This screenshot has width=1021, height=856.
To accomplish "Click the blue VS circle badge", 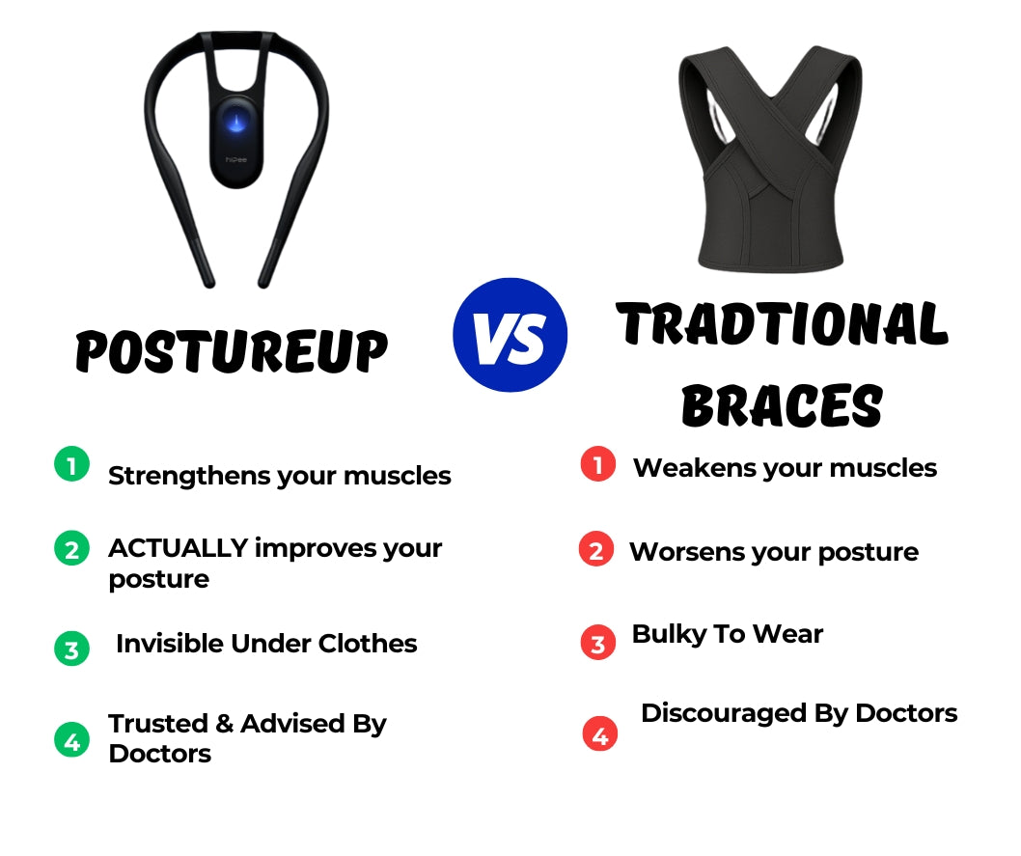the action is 510,335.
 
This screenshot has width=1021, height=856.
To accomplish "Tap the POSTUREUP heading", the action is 232,351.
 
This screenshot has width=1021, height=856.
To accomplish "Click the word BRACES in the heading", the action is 782,405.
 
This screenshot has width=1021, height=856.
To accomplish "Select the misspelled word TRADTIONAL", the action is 782,323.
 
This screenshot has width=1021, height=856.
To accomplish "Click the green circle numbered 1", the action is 71,464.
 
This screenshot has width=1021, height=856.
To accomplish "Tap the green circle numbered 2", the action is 71,548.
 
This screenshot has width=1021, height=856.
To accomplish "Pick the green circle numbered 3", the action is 71,649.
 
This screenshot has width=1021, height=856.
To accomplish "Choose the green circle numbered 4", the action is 71,740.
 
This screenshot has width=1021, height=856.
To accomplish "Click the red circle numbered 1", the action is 597,464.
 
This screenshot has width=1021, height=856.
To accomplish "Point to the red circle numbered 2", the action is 596,549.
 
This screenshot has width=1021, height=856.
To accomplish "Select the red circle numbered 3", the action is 597,643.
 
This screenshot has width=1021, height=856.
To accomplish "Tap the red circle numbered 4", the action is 599,733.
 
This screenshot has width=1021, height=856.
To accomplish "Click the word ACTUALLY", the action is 179,548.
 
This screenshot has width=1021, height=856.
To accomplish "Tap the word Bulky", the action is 669,635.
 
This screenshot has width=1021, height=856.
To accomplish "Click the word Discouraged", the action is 724,714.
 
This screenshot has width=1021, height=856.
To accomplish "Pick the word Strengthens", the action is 189,477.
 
